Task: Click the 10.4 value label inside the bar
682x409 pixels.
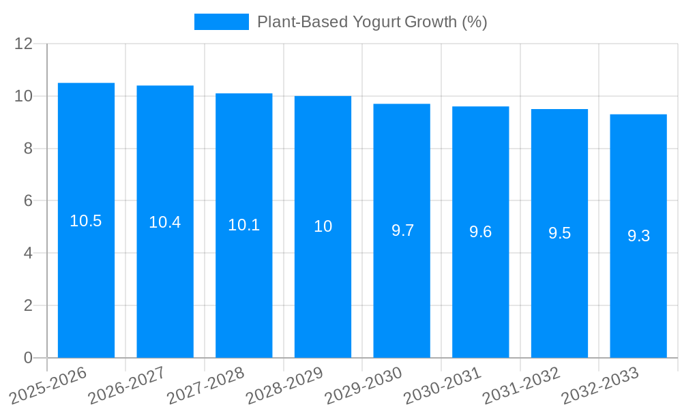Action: tap(165, 222)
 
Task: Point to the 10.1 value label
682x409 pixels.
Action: tap(243, 225)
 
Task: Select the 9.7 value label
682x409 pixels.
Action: tap(402, 230)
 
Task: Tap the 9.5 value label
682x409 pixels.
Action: tap(559, 233)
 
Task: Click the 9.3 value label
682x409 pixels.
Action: tap(638, 236)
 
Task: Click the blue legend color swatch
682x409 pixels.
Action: tap(222, 22)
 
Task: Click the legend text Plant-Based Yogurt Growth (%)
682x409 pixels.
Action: tap(372, 22)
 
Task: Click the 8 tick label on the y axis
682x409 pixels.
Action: tap(28, 149)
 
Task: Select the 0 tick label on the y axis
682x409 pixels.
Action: tap(28, 358)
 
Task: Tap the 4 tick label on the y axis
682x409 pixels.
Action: tap(28, 253)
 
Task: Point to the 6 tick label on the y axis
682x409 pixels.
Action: tap(28, 201)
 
